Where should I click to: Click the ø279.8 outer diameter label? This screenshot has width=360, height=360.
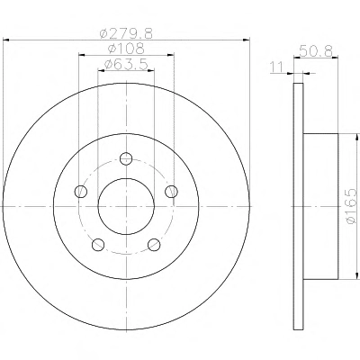126,33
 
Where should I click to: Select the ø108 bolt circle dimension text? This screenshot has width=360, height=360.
126,49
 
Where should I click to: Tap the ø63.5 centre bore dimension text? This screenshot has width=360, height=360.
126,64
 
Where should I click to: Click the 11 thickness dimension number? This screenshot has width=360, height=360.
276,67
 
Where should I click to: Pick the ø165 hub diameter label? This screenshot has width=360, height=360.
352,206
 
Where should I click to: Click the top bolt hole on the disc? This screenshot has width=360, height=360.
126,158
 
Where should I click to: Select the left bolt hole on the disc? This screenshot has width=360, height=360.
80,192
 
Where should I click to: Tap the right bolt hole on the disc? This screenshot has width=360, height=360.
172,192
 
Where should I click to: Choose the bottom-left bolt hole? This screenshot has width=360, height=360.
98,245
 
